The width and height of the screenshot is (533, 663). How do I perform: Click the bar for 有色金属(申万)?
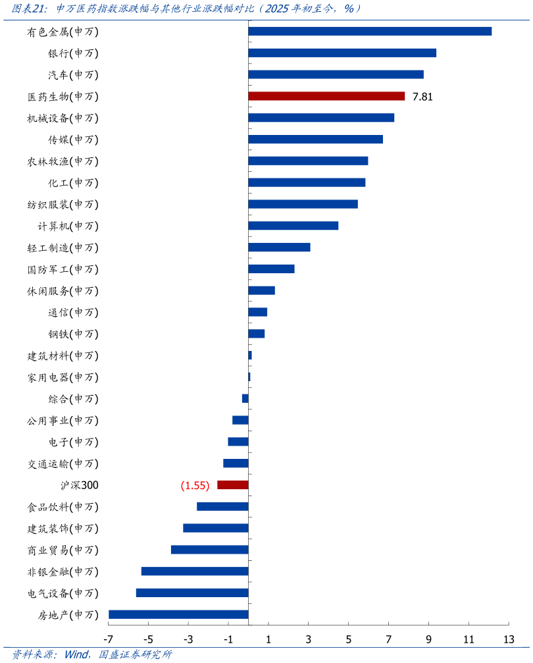370,32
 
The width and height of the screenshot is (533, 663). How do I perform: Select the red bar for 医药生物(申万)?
326,96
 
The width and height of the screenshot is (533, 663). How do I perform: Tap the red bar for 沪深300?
233,485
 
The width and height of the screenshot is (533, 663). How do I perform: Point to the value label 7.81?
422,97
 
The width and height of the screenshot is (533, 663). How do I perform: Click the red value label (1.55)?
195,486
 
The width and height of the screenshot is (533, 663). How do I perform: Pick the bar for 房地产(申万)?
178,615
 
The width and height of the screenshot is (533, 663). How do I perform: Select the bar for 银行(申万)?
342,53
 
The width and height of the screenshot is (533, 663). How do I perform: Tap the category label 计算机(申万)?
68,226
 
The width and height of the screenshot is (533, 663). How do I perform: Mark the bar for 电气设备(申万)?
192,593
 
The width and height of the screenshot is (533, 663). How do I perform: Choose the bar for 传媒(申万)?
315,140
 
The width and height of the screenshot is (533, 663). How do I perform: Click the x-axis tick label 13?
509,639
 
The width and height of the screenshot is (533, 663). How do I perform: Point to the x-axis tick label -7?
109,639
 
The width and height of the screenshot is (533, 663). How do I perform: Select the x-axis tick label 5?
349,639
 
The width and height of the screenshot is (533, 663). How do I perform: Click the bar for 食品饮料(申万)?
222,507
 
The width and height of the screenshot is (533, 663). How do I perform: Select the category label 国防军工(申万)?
63,269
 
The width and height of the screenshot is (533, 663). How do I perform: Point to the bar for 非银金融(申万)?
195,571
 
